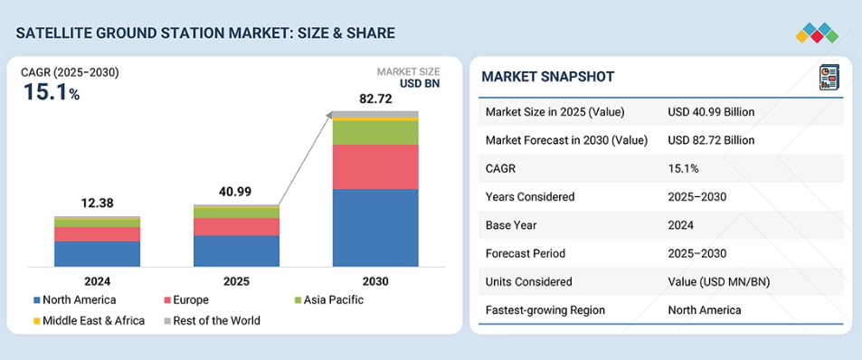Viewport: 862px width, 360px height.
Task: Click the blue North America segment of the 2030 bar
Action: [x=375, y=228]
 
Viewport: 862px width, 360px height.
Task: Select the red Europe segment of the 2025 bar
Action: [x=236, y=226]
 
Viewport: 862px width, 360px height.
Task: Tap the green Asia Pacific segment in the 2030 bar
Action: [x=375, y=132]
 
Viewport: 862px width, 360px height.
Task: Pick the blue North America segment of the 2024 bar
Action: [x=98, y=254]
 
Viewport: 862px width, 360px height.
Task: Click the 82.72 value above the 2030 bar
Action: [x=375, y=99]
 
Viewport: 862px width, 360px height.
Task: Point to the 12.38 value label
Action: [x=98, y=203]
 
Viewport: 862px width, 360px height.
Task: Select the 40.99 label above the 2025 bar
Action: [x=236, y=192]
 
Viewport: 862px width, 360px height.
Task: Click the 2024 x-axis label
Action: [x=98, y=282]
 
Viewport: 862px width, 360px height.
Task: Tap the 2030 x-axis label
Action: [x=375, y=282]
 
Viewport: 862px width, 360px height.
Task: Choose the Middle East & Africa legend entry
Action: [x=89, y=320]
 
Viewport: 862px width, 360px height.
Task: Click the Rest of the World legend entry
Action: [x=211, y=320]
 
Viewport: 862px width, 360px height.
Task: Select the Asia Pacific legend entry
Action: [x=329, y=300]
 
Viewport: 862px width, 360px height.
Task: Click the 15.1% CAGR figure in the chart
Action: [x=52, y=92]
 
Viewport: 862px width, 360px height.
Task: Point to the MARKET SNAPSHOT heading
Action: [x=547, y=77]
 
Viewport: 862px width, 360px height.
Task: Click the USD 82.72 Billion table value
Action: [x=711, y=140]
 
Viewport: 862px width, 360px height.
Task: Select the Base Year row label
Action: [x=511, y=225]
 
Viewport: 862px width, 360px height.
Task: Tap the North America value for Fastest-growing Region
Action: [x=705, y=310]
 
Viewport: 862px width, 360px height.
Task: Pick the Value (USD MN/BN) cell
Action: [x=719, y=282]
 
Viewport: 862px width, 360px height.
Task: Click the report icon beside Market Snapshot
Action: [x=829, y=77]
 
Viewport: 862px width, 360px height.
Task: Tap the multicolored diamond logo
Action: [x=817, y=33]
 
